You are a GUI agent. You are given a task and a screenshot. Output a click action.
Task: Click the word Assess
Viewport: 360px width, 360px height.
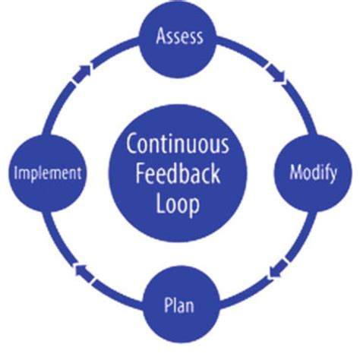click(x=179, y=36)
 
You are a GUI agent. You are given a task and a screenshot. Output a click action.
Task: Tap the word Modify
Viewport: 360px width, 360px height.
click(x=313, y=172)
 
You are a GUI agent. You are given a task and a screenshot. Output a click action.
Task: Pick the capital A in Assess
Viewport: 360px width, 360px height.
click(x=160, y=36)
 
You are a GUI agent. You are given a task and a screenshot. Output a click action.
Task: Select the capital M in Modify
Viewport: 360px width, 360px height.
click(x=295, y=172)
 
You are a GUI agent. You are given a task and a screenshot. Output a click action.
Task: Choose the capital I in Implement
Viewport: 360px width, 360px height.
click(x=17, y=173)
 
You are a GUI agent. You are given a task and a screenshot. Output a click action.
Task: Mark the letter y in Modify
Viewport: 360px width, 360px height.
click(x=332, y=174)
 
